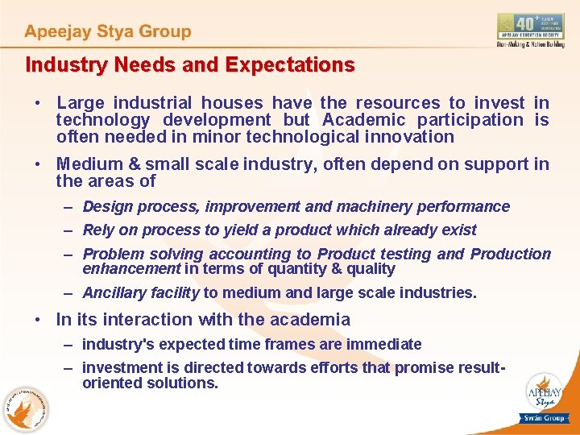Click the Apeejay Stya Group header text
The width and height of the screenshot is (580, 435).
(x=108, y=32)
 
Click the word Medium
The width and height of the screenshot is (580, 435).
(x=89, y=164)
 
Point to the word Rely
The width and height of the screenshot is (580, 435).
(x=98, y=230)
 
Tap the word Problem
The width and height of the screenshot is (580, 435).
(x=113, y=255)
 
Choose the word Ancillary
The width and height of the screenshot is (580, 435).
(x=114, y=293)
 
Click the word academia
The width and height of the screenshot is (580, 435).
(x=310, y=320)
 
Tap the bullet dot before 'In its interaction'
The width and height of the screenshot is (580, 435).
(x=39, y=320)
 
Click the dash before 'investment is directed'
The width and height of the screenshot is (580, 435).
(x=70, y=368)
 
